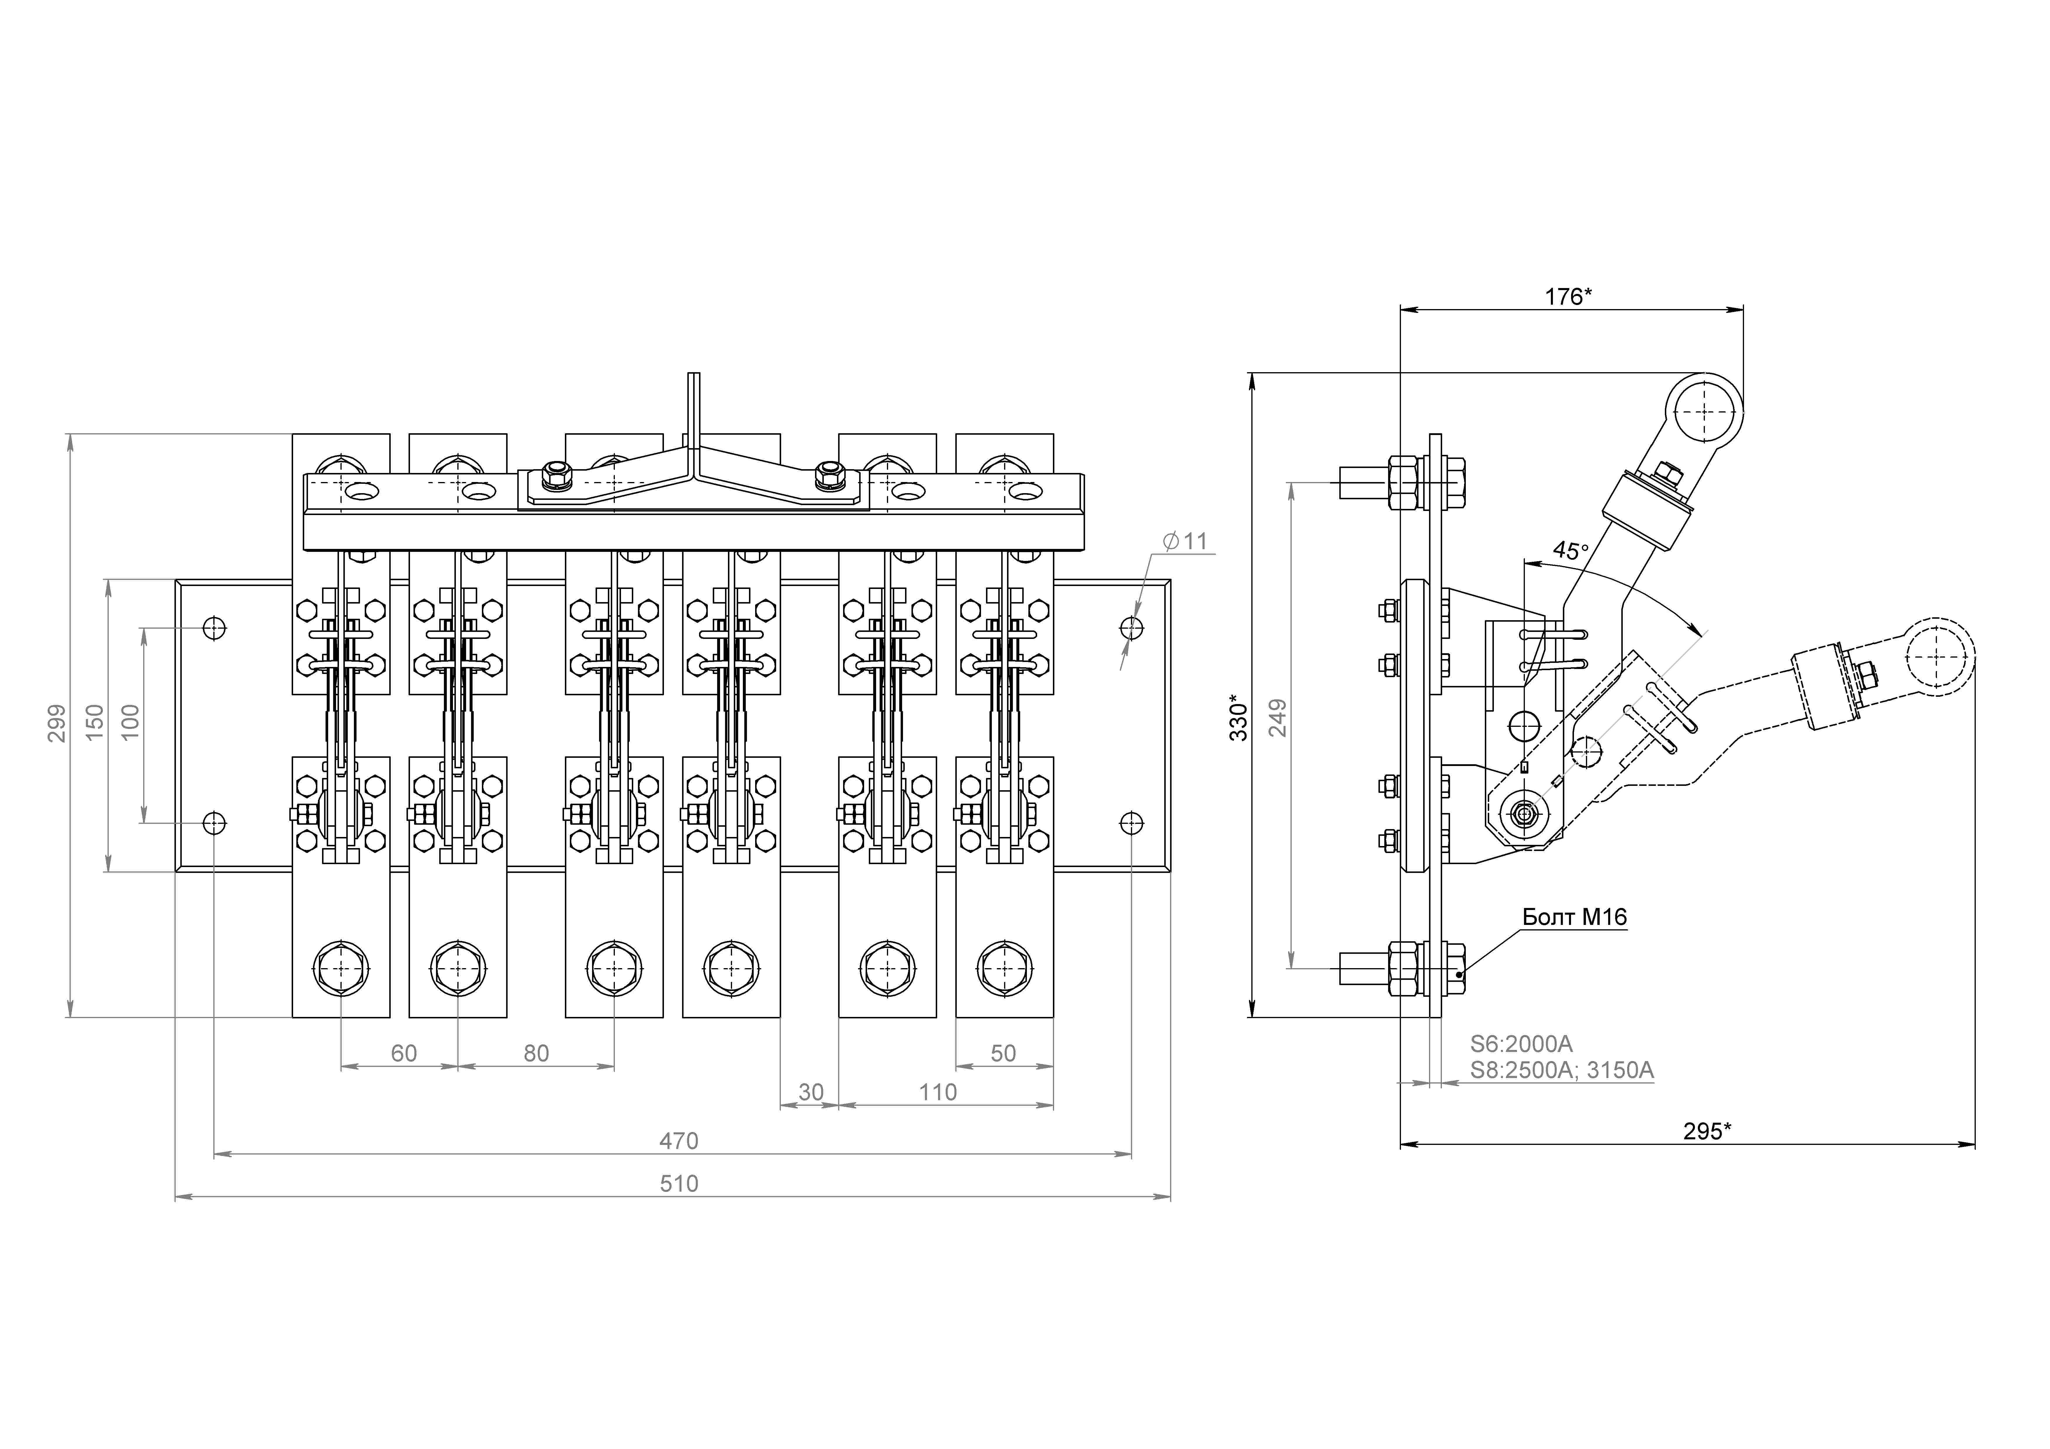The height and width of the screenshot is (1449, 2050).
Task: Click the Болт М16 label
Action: (1575, 917)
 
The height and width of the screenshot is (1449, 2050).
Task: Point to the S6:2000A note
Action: (1521, 1044)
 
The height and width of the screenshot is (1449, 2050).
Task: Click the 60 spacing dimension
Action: (404, 1053)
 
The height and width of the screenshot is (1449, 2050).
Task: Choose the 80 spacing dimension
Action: (536, 1053)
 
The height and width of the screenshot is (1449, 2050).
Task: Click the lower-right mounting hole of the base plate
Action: (1131, 822)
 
